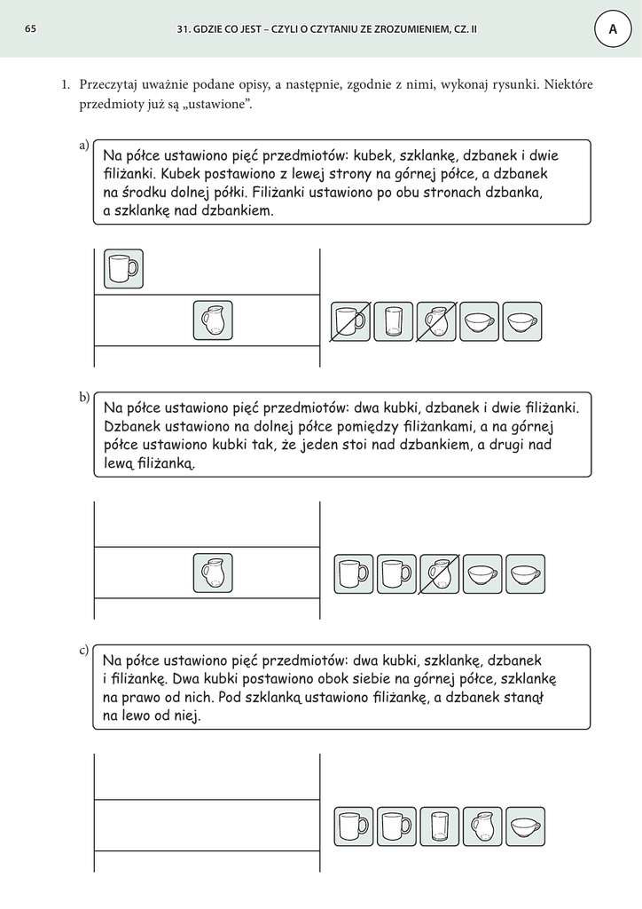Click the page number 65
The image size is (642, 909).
coord(30,29)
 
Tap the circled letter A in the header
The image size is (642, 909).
coord(612,29)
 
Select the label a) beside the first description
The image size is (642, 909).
coord(85,145)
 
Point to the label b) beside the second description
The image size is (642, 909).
coord(85,397)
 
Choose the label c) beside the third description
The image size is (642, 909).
coord(85,651)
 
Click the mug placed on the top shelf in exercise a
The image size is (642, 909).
coord(123,268)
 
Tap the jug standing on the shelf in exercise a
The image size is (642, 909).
coord(213,320)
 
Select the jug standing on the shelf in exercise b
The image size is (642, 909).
coord(213,573)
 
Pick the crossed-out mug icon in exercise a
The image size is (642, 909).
coord(350,321)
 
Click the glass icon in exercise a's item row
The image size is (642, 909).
coord(393,321)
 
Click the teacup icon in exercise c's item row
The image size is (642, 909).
coord(525,826)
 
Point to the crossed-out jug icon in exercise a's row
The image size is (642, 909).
coord(436,321)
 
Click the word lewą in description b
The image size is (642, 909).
coord(118,462)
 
